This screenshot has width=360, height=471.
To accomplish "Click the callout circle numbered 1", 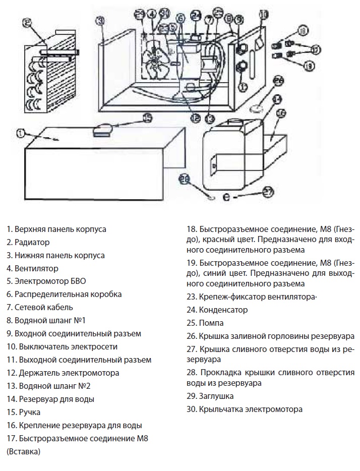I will (20, 133).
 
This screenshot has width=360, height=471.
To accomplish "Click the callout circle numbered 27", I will (268, 191).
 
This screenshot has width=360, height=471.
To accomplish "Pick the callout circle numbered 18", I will (302, 31).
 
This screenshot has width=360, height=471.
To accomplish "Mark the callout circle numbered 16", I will (281, 113).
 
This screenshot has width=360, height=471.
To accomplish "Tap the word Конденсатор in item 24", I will (223, 310).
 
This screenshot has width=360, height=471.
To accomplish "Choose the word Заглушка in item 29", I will (216, 396).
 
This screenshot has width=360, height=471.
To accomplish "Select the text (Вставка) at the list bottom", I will (23, 452).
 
